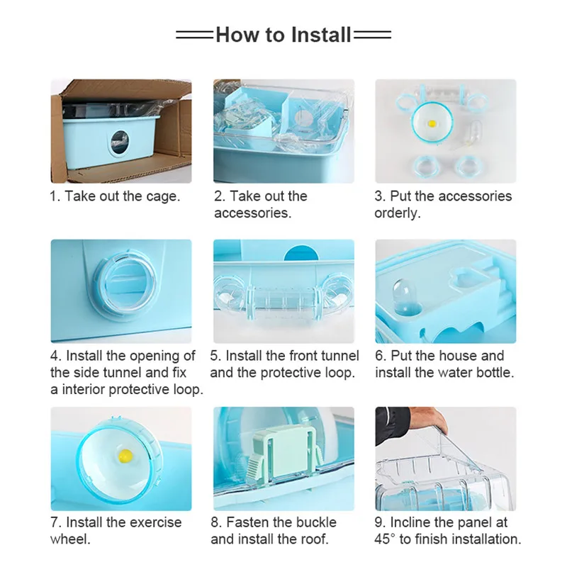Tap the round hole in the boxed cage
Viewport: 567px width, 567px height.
[x=119, y=143]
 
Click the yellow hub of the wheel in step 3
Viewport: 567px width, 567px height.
[x=432, y=123]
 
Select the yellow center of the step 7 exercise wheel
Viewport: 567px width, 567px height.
[x=125, y=455]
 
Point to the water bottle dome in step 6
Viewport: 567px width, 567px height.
[x=403, y=296]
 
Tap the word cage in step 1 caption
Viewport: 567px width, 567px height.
[x=163, y=197]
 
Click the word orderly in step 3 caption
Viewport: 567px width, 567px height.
[x=398, y=213]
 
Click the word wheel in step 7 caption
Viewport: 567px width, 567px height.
[x=70, y=539]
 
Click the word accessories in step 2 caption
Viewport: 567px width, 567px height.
[x=252, y=213]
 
